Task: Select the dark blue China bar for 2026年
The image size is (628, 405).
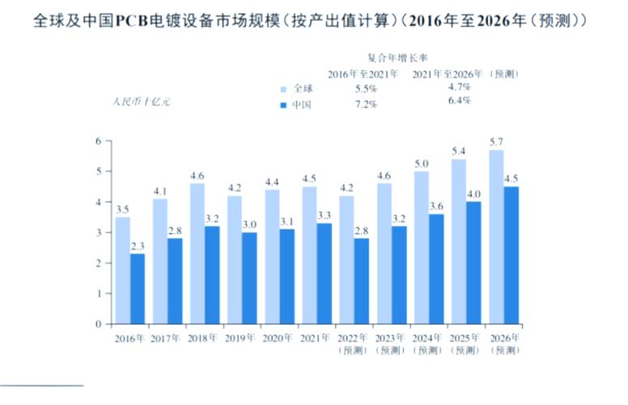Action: click(511, 255)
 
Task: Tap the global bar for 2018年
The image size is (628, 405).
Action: click(197, 254)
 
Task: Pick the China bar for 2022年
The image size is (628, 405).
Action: click(362, 281)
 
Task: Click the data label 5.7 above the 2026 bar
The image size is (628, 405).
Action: click(496, 142)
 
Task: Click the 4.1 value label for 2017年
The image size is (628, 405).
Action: click(159, 191)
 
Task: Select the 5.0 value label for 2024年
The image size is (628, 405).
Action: click(422, 164)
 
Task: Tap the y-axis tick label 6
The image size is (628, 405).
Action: click(98, 141)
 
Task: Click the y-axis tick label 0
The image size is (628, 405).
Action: click(98, 324)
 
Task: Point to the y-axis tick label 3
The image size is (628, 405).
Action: click(98, 232)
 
